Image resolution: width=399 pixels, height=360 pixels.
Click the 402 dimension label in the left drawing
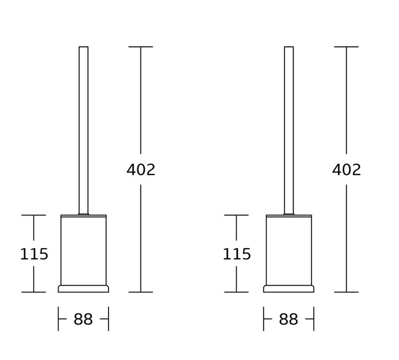coord(140,169)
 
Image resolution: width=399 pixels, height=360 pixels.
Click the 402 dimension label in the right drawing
coord(347,169)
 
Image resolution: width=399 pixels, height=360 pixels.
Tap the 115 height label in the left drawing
coord(34,254)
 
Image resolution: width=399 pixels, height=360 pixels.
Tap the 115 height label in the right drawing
coord(237,254)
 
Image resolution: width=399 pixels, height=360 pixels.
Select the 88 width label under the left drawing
coord(83,319)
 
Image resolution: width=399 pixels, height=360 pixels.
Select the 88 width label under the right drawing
coord(288,319)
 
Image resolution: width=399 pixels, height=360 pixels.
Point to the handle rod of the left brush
coord(84,131)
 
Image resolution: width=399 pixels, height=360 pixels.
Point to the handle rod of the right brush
coord(289,131)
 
